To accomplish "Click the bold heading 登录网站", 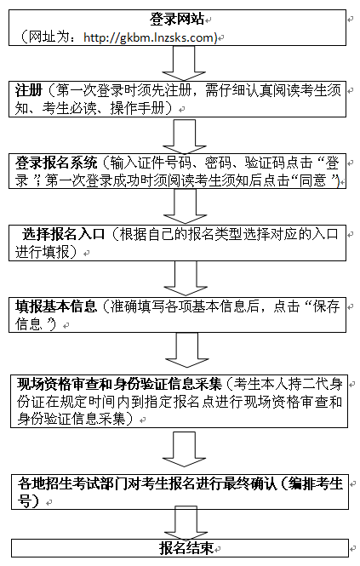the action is pos(177,19).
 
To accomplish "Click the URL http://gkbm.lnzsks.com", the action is pos(149,37).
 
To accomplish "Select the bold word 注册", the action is pos(29,90).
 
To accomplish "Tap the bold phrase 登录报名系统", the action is pos(56,163).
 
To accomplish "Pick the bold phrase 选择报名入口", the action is pos(63,235).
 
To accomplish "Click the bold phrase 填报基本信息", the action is pos(56,306).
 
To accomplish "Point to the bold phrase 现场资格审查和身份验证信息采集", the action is pos(119,384).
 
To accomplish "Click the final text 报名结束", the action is pos(186,548).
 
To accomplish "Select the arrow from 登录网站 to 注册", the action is pos(184,63).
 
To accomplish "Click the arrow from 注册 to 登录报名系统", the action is pos(185,135).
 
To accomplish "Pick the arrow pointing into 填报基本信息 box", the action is pos(186,279).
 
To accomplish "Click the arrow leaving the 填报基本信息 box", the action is pos(187,351).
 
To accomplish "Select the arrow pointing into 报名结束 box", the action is pos(186,523).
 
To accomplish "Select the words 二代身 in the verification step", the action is pos(323,384).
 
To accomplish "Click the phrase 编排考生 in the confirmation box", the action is pos(316,483).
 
